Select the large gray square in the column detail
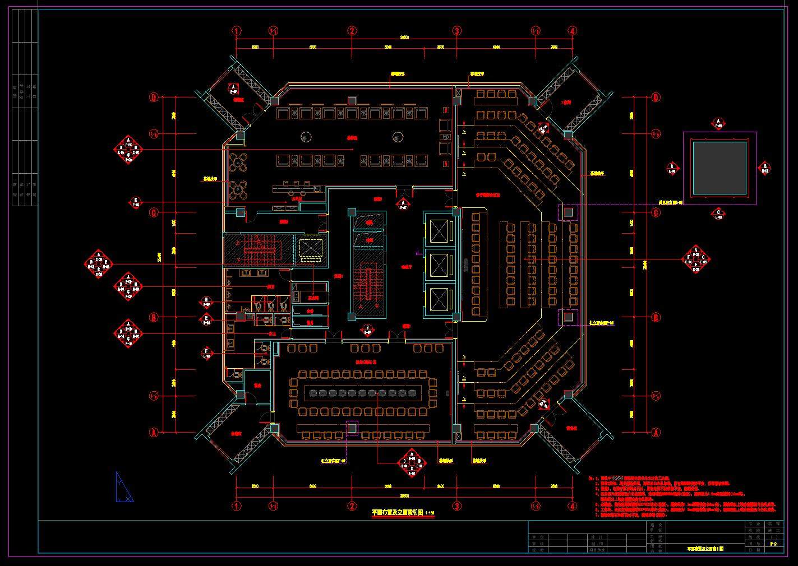(719, 168)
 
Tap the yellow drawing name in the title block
(704, 549)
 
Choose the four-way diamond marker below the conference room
(412, 463)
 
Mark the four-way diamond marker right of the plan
(696, 259)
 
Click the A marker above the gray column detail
(719, 123)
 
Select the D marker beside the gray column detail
(672, 168)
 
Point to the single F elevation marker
(206, 354)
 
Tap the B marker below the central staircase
(367, 329)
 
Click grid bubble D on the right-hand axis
(656, 98)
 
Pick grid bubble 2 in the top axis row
(352, 31)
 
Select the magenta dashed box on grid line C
(568, 212)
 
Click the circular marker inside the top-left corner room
(234, 89)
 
